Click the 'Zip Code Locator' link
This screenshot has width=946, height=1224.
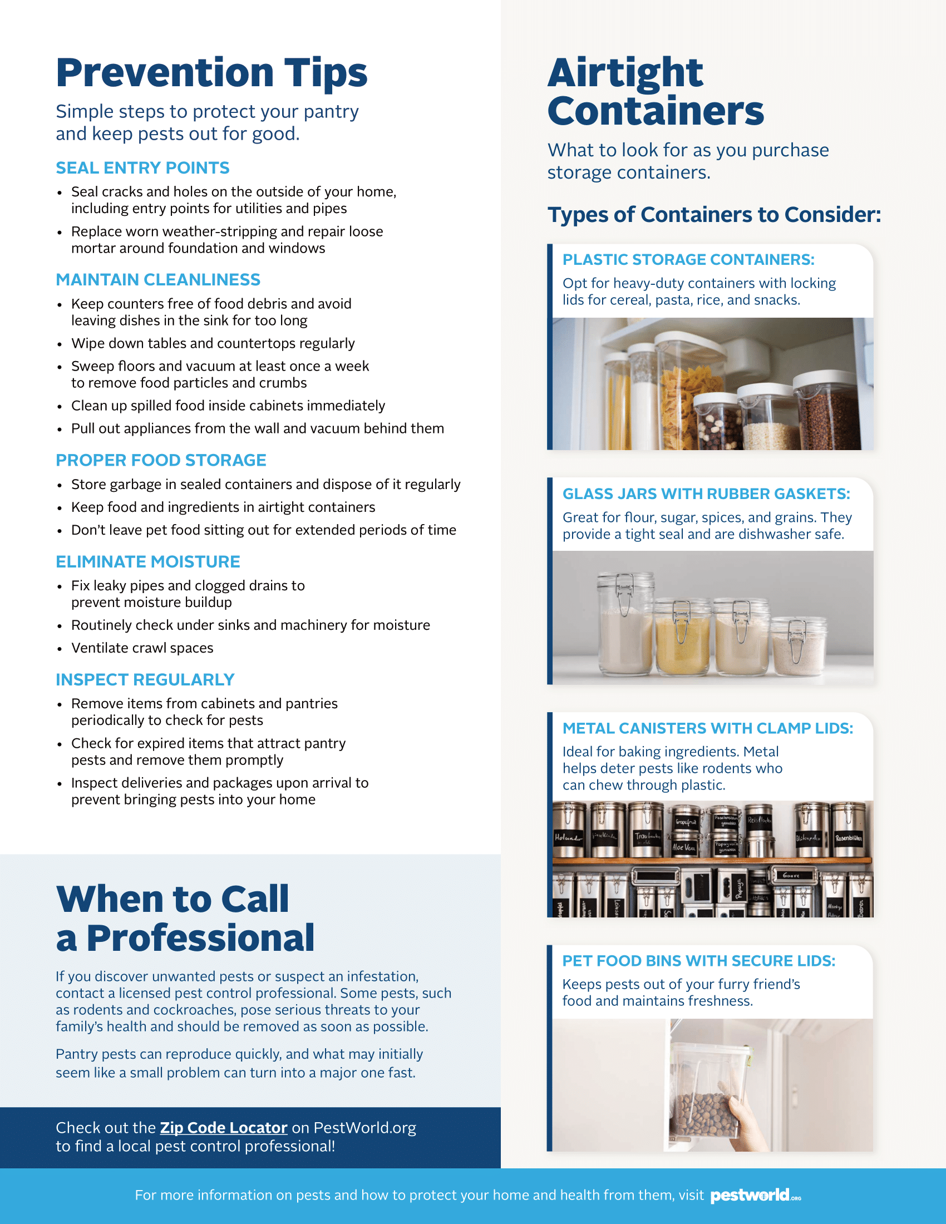point(224,1127)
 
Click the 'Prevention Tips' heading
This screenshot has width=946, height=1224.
point(211,73)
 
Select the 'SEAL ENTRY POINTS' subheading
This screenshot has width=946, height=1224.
point(142,167)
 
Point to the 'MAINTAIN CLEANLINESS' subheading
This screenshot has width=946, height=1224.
point(158,279)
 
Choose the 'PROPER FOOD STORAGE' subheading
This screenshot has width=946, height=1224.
point(161,460)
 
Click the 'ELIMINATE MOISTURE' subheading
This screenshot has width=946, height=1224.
point(148,561)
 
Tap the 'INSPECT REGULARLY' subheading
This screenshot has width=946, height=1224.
point(145,679)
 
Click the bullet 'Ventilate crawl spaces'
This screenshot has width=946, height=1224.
point(142,648)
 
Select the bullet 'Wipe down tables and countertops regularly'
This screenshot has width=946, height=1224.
point(213,343)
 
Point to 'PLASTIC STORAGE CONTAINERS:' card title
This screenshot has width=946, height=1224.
point(688,259)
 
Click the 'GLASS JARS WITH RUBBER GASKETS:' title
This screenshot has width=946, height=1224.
point(706,493)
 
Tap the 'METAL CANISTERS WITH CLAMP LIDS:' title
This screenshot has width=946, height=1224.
point(708,728)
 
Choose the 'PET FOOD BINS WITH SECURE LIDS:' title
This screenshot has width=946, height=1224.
point(699,961)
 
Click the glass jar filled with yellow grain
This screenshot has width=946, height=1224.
point(682,639)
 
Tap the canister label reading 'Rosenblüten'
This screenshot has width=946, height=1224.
point(849,838)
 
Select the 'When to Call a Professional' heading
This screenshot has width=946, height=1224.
point(185,918)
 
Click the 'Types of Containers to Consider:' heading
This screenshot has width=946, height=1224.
point(714,215)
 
